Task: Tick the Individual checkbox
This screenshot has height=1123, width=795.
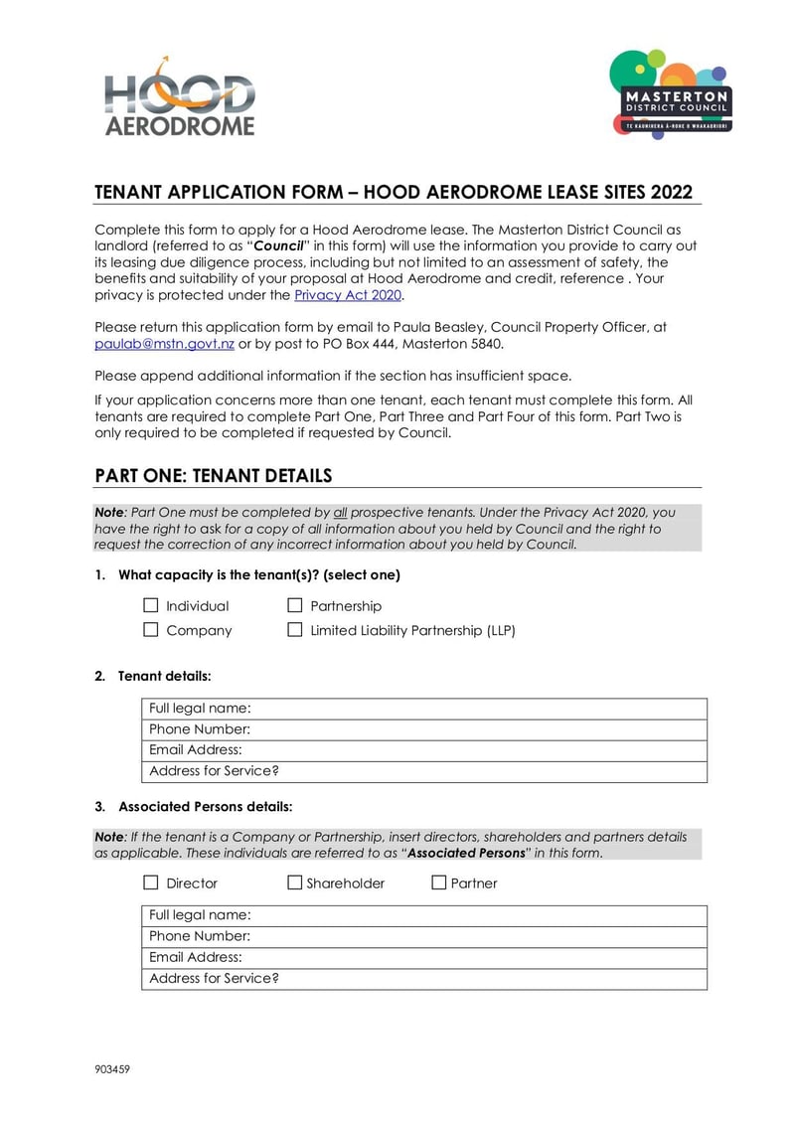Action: [151, 605]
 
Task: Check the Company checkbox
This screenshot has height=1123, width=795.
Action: [151, 630]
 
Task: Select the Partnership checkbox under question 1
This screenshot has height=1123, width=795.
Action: [295, 605]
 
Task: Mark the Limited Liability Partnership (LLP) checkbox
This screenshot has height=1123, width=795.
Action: [295, 630]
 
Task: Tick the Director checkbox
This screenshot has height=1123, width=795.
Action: [151, 882]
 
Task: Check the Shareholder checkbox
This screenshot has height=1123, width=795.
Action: [295, 882]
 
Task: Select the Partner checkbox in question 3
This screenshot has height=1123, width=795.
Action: [439, 882]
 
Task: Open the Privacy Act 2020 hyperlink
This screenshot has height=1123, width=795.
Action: [348, 295]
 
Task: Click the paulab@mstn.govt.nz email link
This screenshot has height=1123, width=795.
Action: [164, 344]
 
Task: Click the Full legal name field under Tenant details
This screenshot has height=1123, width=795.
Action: [477, 709]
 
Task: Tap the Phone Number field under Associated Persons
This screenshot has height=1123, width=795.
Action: [477, 936]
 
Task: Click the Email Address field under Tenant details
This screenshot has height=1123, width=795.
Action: [477, 750]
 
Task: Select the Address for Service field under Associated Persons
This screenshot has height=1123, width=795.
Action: [477, 978]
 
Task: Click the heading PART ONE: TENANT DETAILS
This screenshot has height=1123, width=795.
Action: [213, 476]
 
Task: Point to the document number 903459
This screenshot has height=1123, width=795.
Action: [112, 1069]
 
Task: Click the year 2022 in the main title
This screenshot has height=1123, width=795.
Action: [669, 193]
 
